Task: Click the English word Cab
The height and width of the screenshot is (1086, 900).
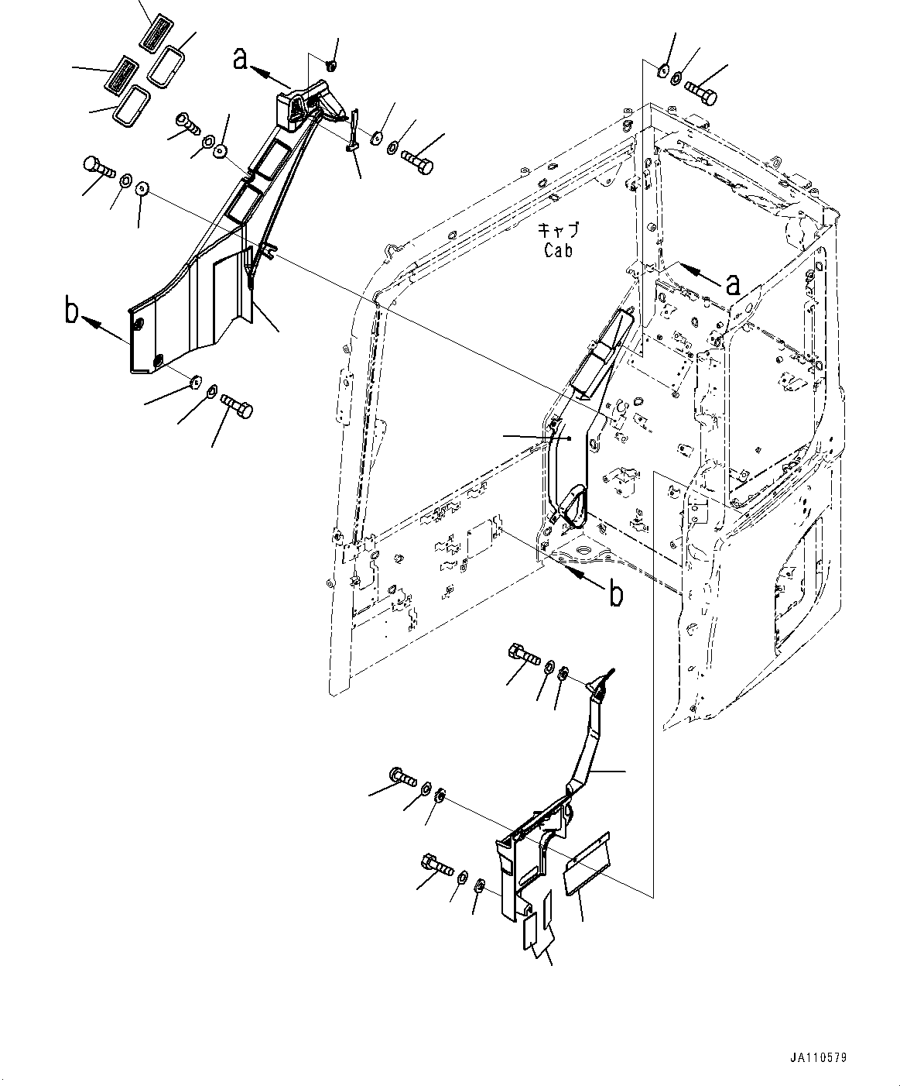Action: tap(558, 250)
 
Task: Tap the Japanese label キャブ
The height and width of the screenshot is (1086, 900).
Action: tap(559, 231)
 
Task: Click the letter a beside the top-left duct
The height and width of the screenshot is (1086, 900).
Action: tap(242, 58)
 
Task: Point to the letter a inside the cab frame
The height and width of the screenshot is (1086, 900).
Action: tap(731, 285)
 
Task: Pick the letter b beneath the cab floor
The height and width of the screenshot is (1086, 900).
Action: tap(615, 594)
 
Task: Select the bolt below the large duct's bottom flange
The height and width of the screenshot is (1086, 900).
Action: tap(237, 406)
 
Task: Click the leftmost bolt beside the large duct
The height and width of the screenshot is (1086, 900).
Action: tap(97, 167)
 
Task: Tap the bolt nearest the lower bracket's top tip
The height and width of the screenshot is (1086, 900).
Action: tap(525, 655)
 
